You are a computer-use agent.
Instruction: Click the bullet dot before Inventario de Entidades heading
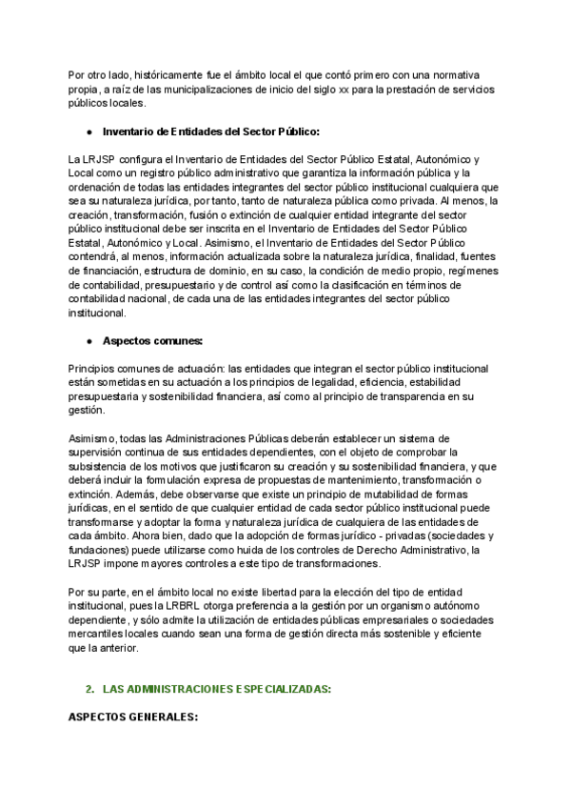pos(89,131)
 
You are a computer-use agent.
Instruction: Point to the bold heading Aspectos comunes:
pos(152,340)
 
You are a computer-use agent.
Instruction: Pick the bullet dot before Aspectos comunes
pos(89,340)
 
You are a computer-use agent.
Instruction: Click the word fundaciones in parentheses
pos(100,550)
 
